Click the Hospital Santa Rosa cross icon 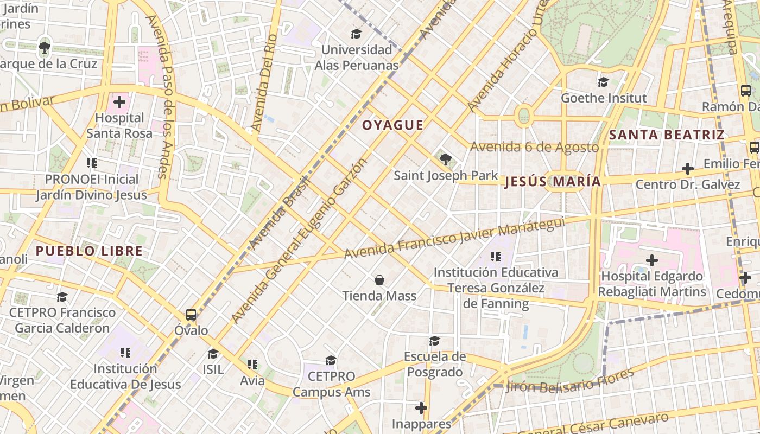[119, 102]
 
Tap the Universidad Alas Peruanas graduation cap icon [356, 34]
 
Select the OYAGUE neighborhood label [392, 125]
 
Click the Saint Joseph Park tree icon [446, 159]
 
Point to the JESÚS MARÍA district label [553, 182]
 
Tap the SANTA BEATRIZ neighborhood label [667, 135]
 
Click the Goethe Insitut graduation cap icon [603, 82]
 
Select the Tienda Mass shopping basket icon [379, 280]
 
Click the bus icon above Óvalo [191, 314]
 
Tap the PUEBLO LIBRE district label [89, 251]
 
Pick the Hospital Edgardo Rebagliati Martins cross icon [652, 260]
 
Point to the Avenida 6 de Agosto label [534, 147]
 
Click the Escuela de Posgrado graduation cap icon [434, 341]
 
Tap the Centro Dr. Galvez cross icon [687, 169]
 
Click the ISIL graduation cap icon [213, 354]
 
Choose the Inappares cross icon [421, 407]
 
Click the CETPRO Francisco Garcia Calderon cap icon [62, 297]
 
